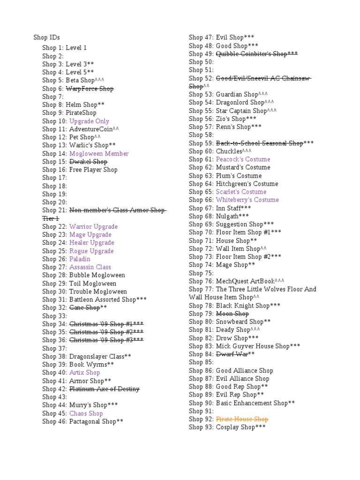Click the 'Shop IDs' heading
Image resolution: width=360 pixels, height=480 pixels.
46,37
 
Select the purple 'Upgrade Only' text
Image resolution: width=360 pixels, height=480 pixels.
89,121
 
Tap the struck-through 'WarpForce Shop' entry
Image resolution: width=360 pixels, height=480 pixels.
90,89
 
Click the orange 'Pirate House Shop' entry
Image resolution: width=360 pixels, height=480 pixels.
242,419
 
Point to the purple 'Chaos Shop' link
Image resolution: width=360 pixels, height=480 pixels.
86,413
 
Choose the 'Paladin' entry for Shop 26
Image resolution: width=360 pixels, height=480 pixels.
80,259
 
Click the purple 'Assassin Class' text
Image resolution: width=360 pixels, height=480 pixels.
90,267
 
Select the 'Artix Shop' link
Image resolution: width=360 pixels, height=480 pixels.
84,373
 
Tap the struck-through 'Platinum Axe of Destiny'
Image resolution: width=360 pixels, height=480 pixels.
104,389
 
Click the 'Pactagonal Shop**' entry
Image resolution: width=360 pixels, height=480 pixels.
96,421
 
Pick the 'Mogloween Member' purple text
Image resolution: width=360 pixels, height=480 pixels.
99,153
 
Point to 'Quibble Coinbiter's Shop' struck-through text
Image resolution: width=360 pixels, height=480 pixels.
256,54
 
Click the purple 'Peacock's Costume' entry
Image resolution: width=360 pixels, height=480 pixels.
243,159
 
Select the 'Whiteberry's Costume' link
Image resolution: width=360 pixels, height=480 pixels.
247,200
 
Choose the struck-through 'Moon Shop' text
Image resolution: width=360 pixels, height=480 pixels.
232,314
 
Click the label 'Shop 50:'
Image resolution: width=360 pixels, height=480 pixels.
201,62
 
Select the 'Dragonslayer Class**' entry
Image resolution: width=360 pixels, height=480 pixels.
100,356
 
